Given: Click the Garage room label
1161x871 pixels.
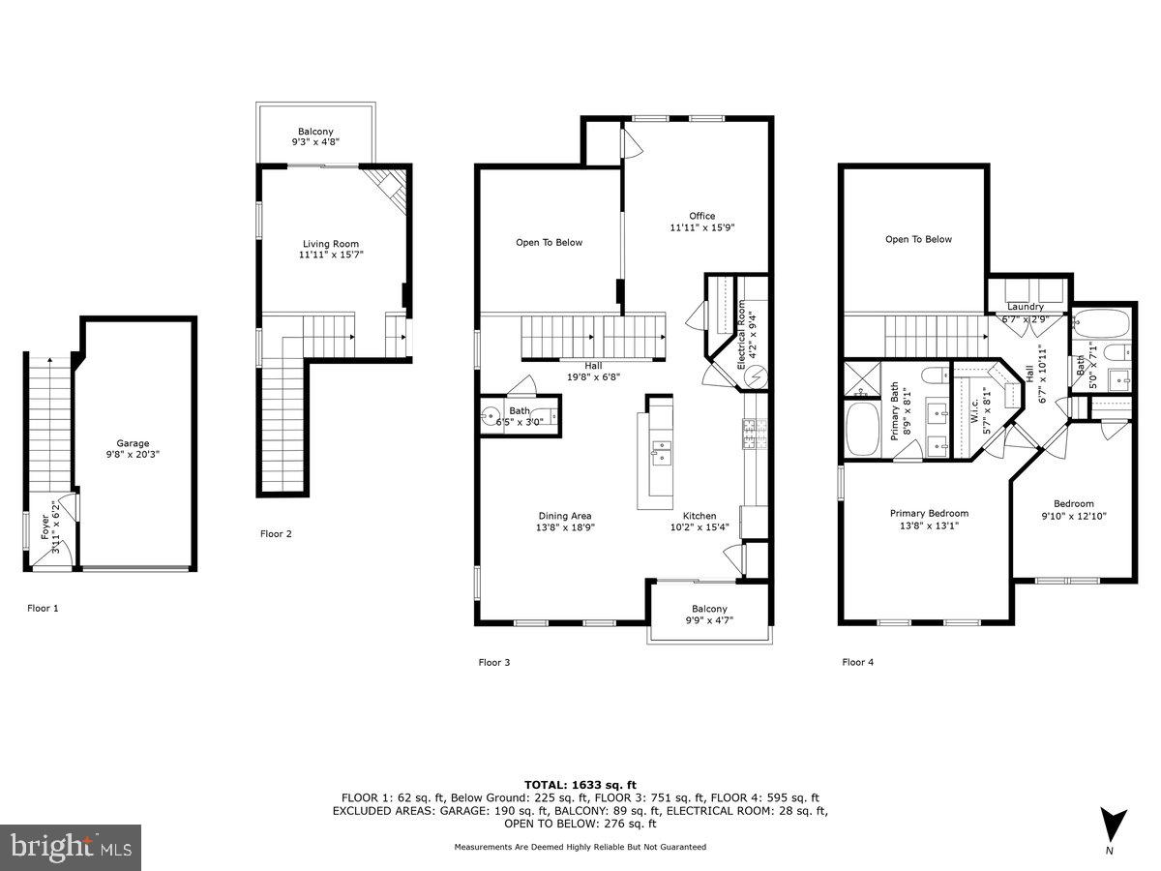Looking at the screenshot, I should click(134, 443).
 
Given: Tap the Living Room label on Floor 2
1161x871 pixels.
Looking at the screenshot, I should click(332, 244).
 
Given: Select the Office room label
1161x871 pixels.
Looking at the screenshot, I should click(701, 216).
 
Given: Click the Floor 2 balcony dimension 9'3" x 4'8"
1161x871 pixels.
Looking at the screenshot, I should click(316, 141).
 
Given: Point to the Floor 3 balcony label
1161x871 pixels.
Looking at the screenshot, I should click(709, 609).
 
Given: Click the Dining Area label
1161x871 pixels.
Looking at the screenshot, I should click(565, 516).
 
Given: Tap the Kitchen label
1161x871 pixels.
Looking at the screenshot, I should click(700, 516).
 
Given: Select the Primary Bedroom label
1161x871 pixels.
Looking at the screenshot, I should click(929, 514).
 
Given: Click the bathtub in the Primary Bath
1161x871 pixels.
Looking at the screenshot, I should click(859, 431).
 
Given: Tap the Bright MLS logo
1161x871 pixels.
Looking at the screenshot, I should click(71, 847).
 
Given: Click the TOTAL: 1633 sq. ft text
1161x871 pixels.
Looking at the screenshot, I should click(580, 785).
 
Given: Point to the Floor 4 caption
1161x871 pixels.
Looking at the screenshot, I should click(857, 663).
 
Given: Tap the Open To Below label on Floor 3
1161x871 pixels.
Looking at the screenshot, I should click(550, 242).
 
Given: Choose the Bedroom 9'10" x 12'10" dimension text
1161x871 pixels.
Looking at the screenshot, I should click(1074, 517).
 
